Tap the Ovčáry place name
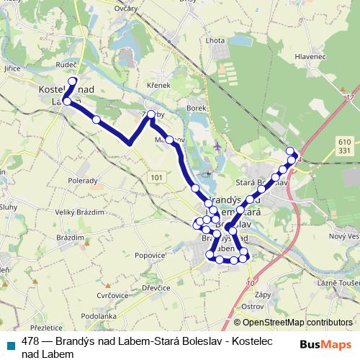127,8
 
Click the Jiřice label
12,68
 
